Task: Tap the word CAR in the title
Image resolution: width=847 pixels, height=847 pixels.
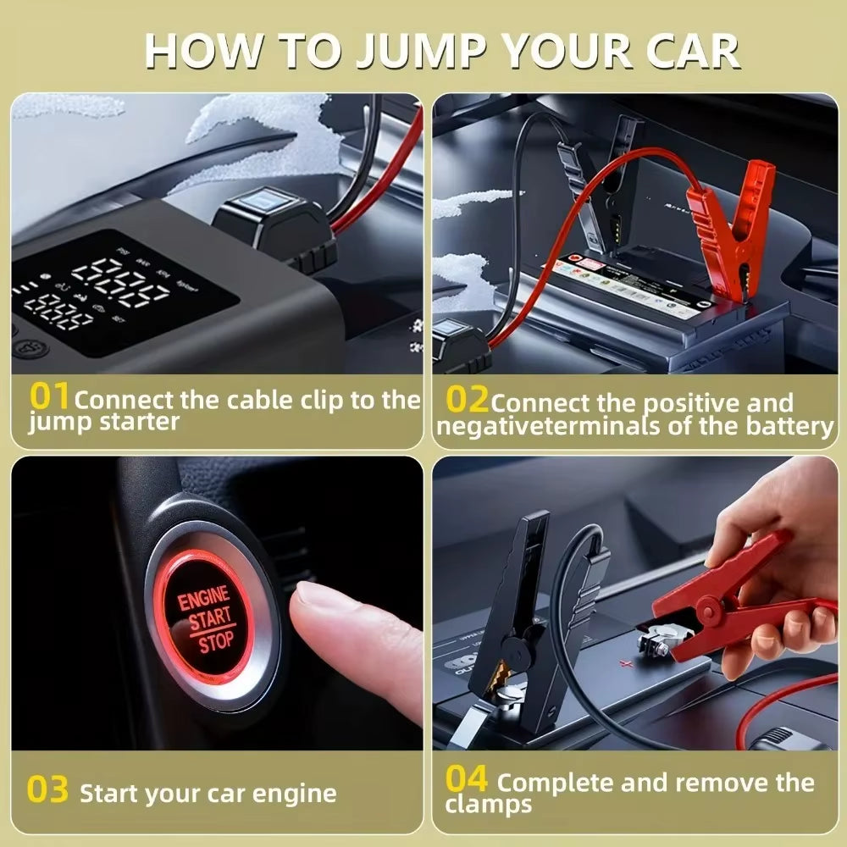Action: pos(682,52)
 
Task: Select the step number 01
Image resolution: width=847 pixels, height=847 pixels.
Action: pos(50,396)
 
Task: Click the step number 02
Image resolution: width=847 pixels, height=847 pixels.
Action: pos(467,398)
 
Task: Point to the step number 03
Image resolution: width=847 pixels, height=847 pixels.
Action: pos(47,789)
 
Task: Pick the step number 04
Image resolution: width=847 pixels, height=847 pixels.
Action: pos(467,778)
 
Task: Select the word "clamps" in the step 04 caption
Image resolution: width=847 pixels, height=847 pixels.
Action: pos(489,804)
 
